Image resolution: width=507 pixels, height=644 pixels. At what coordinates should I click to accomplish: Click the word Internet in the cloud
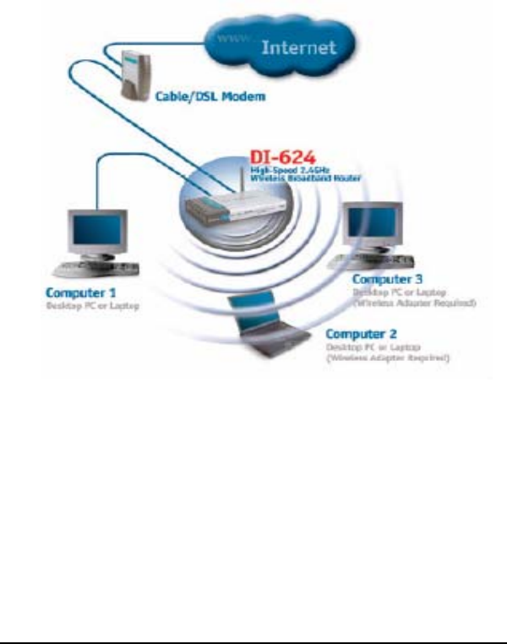point(298,48)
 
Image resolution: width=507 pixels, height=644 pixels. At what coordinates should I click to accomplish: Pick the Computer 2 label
point(362,334)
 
